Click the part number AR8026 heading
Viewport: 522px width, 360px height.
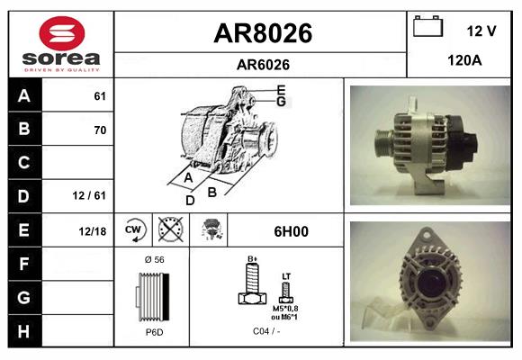click(262, 33)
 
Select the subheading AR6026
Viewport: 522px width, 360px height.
click(262, 64)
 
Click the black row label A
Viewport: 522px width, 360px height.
click(23, 96)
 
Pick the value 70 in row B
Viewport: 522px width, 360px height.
click(100, 130)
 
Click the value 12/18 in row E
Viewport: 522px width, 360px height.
click(92, 230)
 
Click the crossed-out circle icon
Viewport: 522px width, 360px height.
click(170, 230)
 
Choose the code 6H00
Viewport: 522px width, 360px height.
click(290, 231)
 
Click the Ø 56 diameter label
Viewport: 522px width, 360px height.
click(153, 259)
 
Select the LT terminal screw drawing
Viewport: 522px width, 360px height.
click(286, 291)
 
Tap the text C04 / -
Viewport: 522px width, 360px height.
click(265, 331)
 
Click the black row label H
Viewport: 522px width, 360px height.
click(23, 330)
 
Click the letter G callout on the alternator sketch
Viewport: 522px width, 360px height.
click(281, 102)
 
